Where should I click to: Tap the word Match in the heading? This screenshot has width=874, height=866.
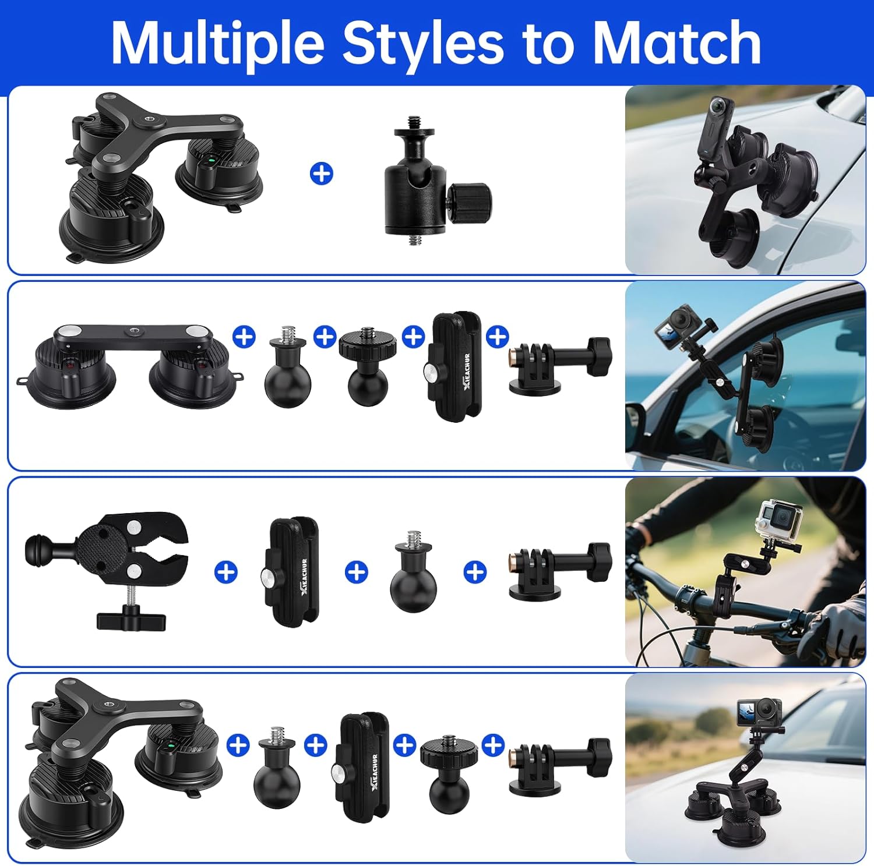click(677, 43)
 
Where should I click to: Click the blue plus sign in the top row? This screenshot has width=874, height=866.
click(322, 174)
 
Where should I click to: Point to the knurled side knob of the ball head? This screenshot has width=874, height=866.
click(470, 199)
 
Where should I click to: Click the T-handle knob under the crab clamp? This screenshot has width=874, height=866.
click(131, 620)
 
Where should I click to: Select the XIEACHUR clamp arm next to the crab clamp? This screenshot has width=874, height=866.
click(294, 571)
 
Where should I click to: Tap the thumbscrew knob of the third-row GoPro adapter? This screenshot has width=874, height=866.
click(598, 561)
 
